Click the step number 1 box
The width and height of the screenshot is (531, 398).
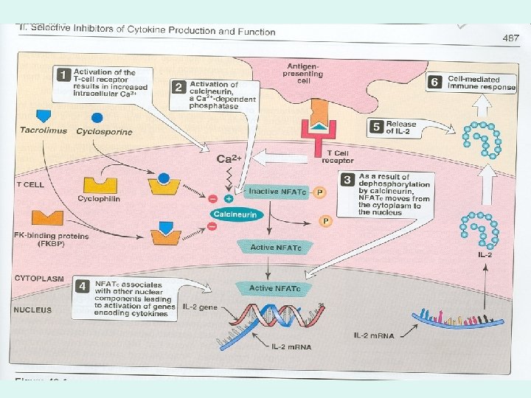click(65, 76)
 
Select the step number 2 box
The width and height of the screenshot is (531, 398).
click(178, 88)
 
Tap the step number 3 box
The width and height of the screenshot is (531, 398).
click(347, 179)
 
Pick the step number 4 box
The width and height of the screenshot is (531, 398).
click(84, 285)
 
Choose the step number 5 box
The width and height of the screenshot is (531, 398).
click(375, 128)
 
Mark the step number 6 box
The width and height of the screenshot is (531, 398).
click(435, 83)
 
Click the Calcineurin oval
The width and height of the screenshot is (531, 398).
click(236, 214)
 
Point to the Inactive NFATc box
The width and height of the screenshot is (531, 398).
click(274, 192)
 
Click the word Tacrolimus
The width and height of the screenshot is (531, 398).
click(44, 130)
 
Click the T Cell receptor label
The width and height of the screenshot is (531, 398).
click(339, 156)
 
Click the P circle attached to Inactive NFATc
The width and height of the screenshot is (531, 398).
click(319, 192)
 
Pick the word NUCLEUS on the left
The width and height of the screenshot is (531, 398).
click(33, 310)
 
